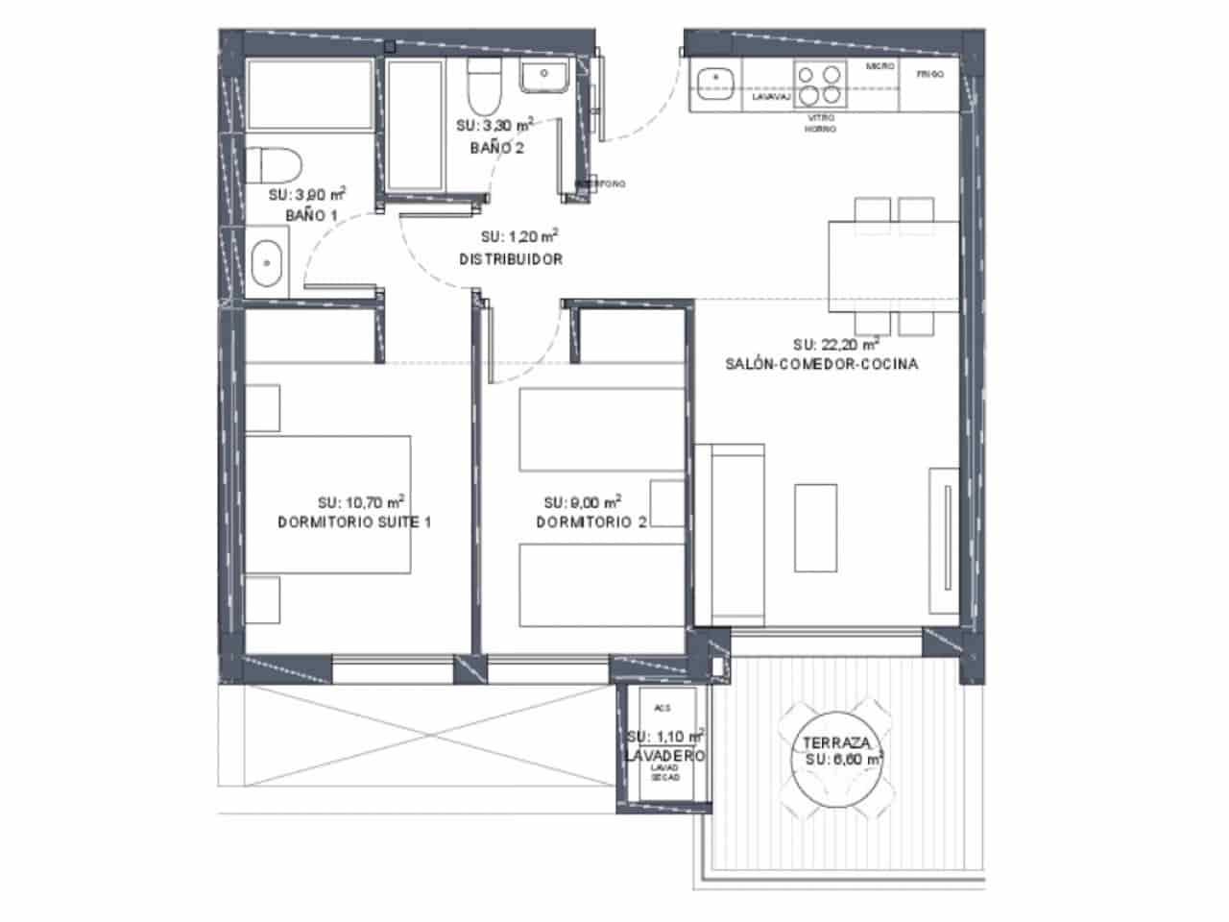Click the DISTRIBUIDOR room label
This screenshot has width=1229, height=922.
point(510,259)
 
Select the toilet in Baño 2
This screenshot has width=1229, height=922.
point(481,88)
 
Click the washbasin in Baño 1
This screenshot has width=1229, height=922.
point(266,262)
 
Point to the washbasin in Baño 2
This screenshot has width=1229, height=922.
point(544,75)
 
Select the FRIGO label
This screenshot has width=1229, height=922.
point(929,74)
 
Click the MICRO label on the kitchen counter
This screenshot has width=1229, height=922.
point(880,66)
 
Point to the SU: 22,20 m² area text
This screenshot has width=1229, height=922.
point(836,344)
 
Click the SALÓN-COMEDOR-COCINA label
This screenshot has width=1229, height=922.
point(821,364)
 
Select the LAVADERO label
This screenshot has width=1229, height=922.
point(664,757)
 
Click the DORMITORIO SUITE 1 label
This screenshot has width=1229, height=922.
point(354,522)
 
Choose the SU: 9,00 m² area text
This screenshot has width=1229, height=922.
point(582,502)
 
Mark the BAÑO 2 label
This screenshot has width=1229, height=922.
point(496,147)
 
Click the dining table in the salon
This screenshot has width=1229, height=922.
point(894,262)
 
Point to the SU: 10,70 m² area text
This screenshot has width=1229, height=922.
point(360,501)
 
